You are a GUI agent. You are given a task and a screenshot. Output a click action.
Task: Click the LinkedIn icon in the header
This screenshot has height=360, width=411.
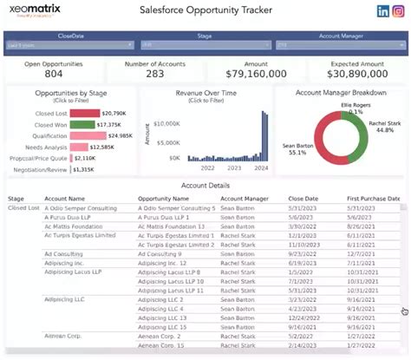coord(383,11)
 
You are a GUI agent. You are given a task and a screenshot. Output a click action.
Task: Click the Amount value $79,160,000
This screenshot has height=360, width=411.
coord(256,75)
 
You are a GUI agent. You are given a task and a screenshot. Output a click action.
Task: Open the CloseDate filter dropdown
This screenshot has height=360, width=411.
coord(69,44)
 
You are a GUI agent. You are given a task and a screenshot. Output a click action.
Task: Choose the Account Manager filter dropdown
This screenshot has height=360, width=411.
coord(338,44)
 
